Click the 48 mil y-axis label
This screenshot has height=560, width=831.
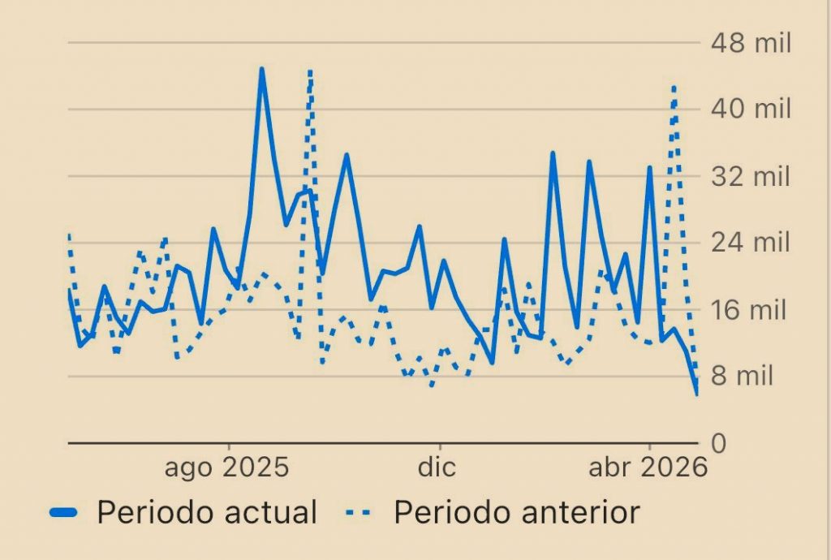click(751, 43)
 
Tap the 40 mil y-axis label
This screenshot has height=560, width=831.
click(751, 109)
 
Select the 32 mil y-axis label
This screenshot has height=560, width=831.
click(751, 176)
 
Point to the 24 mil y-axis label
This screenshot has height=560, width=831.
click(751, 243)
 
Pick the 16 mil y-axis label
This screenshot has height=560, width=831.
click(748, 309)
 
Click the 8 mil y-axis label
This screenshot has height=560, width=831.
click(743, 376)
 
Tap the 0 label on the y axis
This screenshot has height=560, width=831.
click(719, 443)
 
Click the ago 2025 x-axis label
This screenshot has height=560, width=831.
click(227, 467)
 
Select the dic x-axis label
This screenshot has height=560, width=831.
click(437, 467)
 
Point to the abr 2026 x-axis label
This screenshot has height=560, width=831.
click(648, 467)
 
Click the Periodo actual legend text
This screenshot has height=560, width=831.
click(207, 512)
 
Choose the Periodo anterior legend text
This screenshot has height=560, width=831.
click(517, 512)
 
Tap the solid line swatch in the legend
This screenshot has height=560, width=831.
click(63, 513)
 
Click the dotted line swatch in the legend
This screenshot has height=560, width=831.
click(359, 513)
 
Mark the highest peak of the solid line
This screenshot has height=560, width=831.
click(261, 69)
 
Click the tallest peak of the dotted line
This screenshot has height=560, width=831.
click(310, 71)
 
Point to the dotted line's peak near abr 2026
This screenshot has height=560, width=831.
click(674, 87)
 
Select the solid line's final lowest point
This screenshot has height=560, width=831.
click(696, 394)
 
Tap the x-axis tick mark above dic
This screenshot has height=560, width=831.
click(439, 446)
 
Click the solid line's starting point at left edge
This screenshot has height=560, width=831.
click(70, 291)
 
